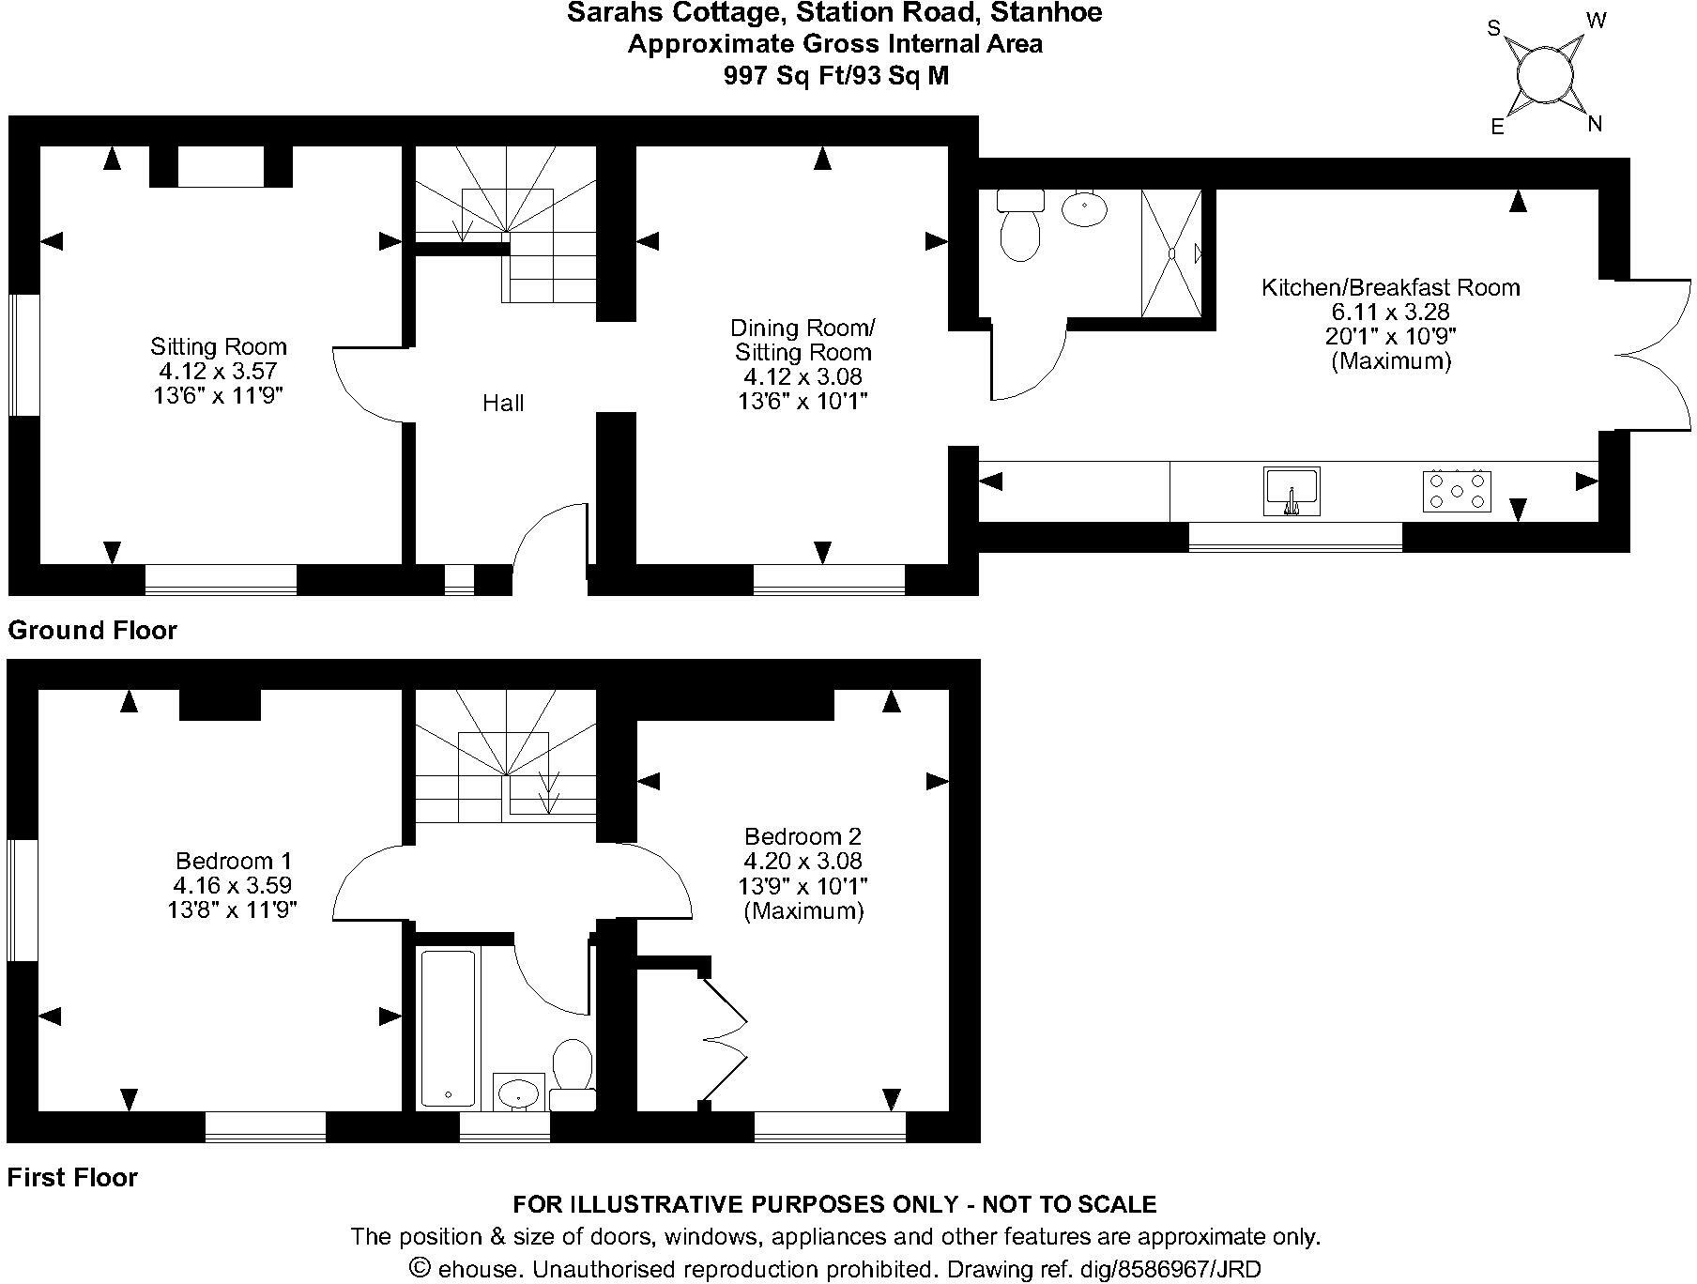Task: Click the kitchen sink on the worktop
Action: pyautogui.click(x=1292, y=491)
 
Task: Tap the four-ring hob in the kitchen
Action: pyautogui.click(x=1457, y=490)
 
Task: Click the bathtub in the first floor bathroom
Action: pyautogui.click(x=448, y=1029)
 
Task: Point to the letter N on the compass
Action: pyautogui.click(x=1594, y=123)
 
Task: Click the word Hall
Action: pyautogui.click(x=503, y=404)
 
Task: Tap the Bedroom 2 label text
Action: pyautogui.click(x=803, y=836)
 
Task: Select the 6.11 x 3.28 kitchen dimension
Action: pyautogui.click(x=1390, y=312)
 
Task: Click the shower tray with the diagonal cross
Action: pyautogui.click(x=1170, y=252)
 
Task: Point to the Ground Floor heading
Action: pyautogui.click(x=92, y=630)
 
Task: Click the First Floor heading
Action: pyautogui.click(x=73, y=1177)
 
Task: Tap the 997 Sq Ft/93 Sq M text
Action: pyautogui.click(x=835, y=76)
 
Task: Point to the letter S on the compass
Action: pyautogui.click(x=1494, y=28)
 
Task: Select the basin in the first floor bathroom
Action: pyautogui.click(x=518, y=1092)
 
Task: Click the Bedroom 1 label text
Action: pyautogui.click(x=234, y=861)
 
